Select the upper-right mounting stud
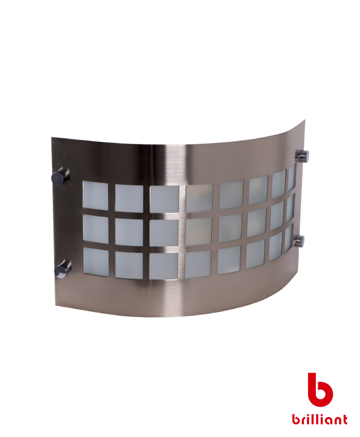(x=302, y=155)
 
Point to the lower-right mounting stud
(x=298, y=240)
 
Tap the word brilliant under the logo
(x=319, y=419)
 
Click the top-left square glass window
(x=95, y=196)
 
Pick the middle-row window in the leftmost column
(x=95, y=229)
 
